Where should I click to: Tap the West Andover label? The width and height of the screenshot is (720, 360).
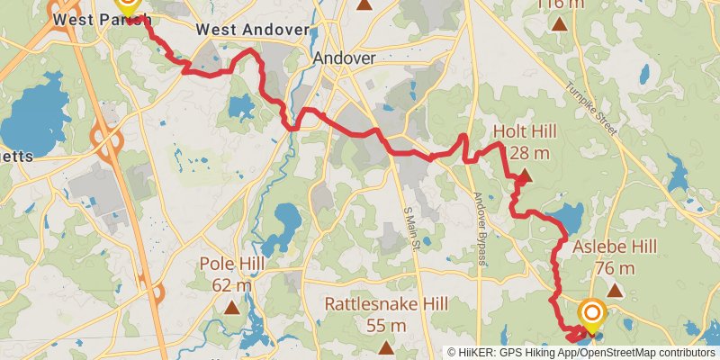(x=252, y=30)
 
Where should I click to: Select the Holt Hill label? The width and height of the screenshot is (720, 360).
(x=525, y=132)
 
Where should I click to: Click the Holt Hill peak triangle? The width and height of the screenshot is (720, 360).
(x=526, y=175)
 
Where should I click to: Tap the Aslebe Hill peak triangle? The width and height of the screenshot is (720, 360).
(x=616, y=290)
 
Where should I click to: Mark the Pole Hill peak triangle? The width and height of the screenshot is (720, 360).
(x=232, y=308)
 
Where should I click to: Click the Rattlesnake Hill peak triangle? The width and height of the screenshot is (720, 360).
(x=386, y=346)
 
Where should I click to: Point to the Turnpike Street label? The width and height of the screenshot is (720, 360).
(x=590, y=104)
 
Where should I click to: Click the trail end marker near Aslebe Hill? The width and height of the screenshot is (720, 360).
(x=592, y=314)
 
